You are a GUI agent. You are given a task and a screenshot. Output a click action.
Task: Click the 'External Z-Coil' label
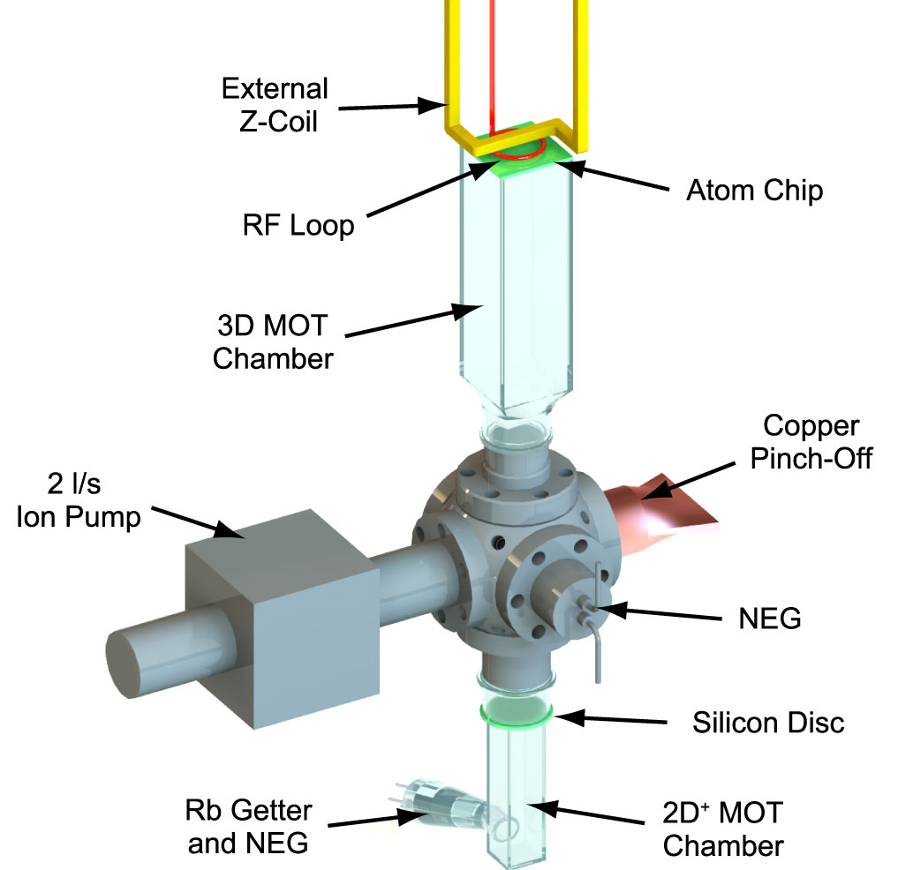click(x=274, y=103)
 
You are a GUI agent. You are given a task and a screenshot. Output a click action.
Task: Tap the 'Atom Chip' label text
click(x=754, y=191)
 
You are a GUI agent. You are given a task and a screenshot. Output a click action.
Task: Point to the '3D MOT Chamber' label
click(x=274, y=343)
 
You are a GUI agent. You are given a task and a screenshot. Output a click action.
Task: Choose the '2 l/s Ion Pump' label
click(x=79, y=501)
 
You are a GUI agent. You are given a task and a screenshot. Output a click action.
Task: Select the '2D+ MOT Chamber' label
click(x=723, y=829)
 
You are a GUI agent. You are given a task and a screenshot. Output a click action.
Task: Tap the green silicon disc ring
click(x=517, y=710)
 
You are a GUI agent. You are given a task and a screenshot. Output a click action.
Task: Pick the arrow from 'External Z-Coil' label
click(x=389, y=107)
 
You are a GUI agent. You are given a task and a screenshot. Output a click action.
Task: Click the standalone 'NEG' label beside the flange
click(x=769, y=619)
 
